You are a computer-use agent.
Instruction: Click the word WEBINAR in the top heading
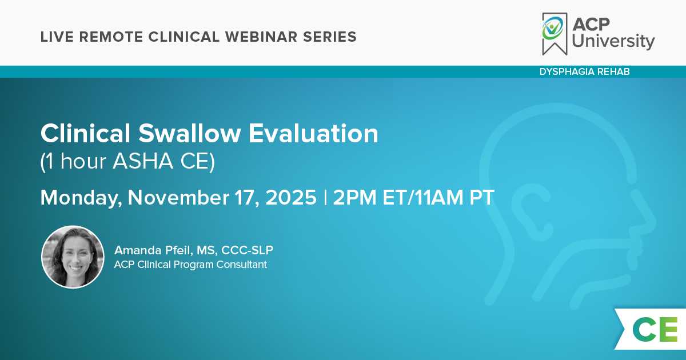click(x=261, y=37)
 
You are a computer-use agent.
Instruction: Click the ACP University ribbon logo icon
click(x=555, y=34)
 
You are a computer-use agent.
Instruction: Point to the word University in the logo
click(x=613, y=41)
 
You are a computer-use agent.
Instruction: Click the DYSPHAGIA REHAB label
click(x=585, y=71)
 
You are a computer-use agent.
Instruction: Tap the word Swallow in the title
click(x=189, y=133)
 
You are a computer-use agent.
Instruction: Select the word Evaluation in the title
click(x=313, y=133)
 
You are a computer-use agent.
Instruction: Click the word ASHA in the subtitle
click(x=143, y=161)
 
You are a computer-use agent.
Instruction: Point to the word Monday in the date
click(x=81, y=198)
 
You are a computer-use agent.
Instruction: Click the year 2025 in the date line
click(x=291, y=198)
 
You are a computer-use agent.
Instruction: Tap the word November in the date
click(x=178, y=198)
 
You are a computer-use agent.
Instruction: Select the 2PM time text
click(x=354, y=198)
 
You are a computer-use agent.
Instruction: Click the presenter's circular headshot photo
click(x=73, y=257)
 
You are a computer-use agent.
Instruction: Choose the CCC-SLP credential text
click(x=247, y=250)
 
